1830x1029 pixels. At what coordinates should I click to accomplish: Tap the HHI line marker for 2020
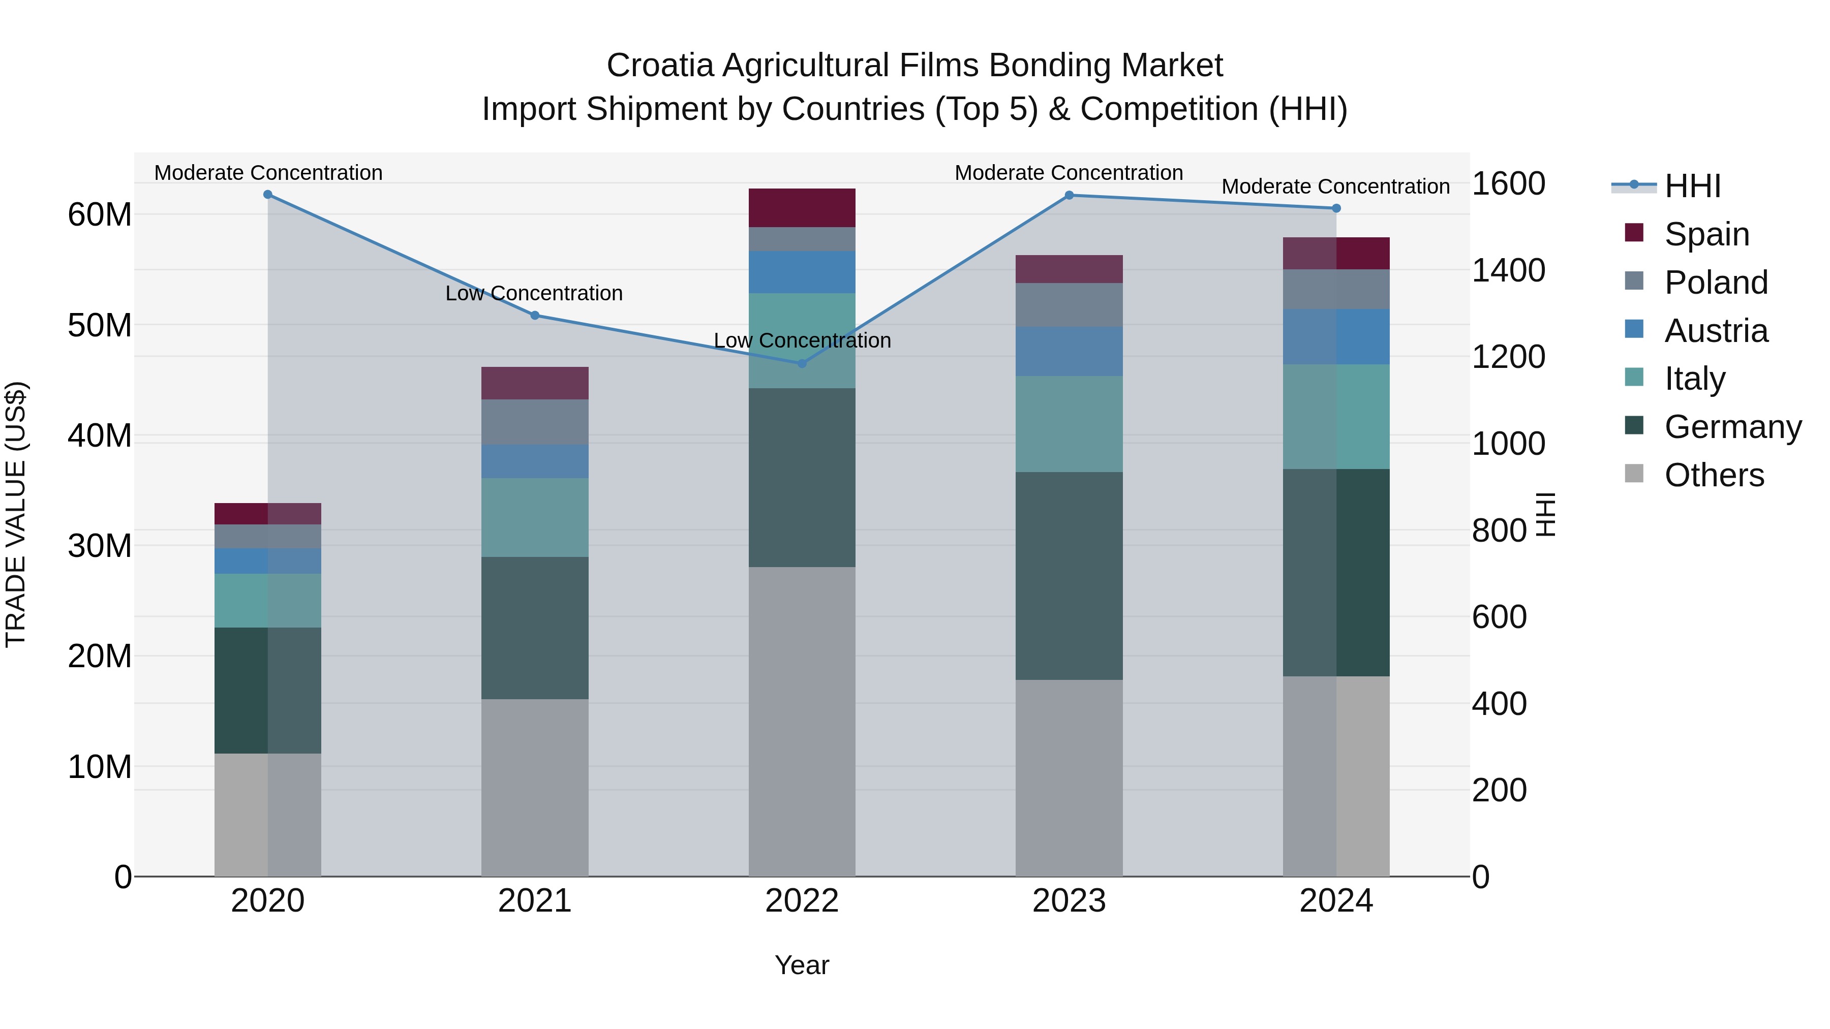[268, 195]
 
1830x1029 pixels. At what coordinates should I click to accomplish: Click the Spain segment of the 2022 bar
[802, 208]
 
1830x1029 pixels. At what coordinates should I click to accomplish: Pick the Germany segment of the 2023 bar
[1069, 575]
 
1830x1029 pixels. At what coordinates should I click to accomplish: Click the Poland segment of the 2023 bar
[1069, 305]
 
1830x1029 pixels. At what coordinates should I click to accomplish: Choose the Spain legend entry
[1706, 234]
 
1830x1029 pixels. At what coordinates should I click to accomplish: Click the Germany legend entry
[1732, 427]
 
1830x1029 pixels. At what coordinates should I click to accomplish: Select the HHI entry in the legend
[1692, 186]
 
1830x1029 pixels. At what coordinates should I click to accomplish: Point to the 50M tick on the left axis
[100, 325]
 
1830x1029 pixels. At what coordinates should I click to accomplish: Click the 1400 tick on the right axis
[1508, 270]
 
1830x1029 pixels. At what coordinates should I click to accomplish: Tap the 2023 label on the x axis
[1069, 901]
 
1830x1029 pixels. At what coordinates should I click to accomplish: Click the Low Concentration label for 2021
[534, 293]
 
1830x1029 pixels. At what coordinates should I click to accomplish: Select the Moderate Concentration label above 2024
[1335, 187]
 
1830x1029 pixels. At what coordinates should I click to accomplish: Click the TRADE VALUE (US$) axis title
[16, 514]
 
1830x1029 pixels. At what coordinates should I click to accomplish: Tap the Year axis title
[802, 965]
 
